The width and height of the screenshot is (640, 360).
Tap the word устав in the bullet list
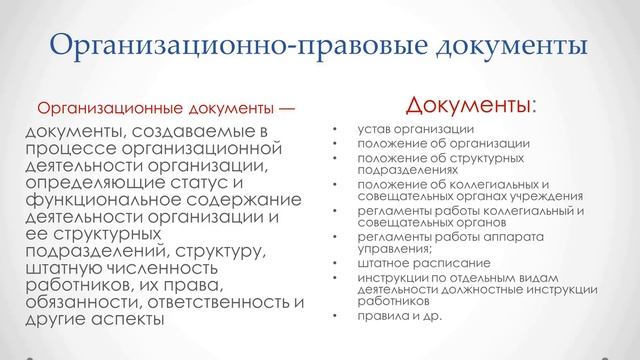point(374,130)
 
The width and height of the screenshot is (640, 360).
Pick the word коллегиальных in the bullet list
point(484,184)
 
